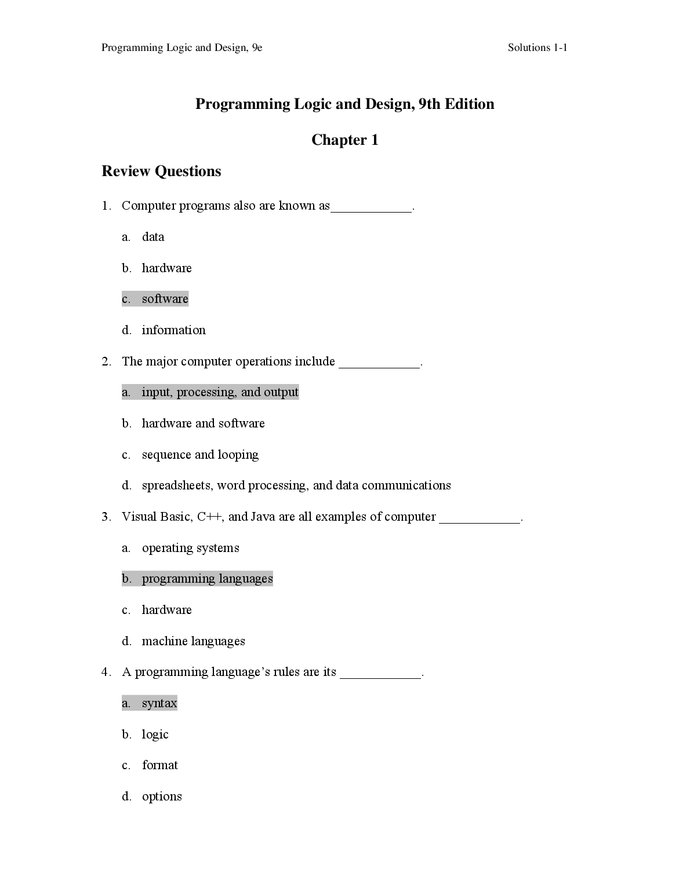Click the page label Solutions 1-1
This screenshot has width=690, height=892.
coord(537,47)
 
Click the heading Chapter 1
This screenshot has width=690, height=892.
coord(344,140)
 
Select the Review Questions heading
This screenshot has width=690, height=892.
coord(161,171)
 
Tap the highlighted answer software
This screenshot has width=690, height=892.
coord(165,299)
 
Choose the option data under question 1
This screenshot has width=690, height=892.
coord(153,237)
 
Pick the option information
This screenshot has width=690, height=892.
coord(173,330)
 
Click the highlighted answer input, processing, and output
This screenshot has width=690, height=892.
coord(220,392)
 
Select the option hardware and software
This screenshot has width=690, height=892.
coord(203,423)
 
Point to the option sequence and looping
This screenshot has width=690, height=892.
coord(200,455)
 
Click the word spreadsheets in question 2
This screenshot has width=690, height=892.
coord(177,485)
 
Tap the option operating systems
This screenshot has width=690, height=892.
coord(190,548)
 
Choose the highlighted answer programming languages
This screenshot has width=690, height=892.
coord(207,579)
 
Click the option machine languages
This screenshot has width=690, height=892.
coord(193,641)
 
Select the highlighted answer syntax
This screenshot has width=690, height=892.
coord(159,703)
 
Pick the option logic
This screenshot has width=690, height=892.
coord(155,734)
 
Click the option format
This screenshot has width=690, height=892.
coord(159,765)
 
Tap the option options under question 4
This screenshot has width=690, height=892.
coord(162,796)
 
